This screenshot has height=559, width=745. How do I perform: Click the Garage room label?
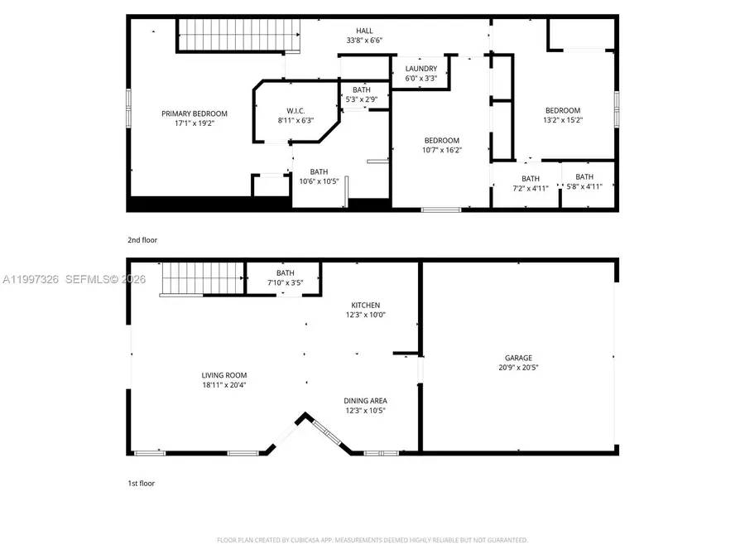518,358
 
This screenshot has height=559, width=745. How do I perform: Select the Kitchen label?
365,306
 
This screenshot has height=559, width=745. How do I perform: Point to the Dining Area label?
365,401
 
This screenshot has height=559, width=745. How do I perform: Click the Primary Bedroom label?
195,113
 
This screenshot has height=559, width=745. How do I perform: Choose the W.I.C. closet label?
296,111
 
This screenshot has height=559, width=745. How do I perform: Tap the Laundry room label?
421,70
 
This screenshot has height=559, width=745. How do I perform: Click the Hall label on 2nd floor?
364,31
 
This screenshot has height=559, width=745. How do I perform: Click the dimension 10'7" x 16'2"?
441,151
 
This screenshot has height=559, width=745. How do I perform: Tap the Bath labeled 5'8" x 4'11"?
584,186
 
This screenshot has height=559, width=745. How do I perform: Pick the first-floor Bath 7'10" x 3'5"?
286,282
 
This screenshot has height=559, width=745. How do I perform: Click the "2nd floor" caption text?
142,240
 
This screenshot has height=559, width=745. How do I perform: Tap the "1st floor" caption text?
142,483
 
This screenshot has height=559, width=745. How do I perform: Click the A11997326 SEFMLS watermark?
73,280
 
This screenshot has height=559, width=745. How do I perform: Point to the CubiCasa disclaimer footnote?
372,540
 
